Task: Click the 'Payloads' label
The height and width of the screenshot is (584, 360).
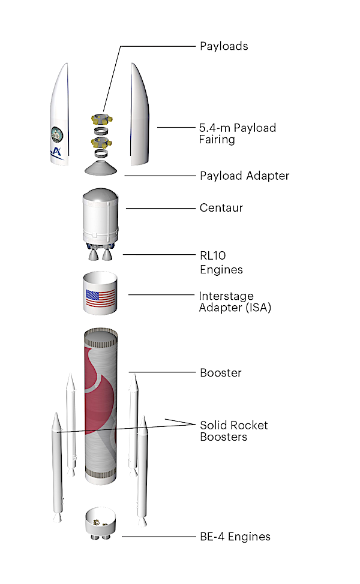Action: tap(223, 46)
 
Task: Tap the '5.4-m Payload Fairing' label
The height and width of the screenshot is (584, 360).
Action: tap(237, 134)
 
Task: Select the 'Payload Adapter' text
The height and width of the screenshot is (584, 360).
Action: tap(244, 176)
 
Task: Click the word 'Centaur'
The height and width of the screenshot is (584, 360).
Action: tap(221, 208)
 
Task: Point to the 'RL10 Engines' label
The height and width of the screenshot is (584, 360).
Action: tap(221, 262)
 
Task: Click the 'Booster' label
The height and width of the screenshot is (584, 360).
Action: tap(220, 372)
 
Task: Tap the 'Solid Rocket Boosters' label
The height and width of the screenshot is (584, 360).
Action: tap(233, 431)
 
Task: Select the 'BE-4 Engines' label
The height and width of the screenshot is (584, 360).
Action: tap(235, 537)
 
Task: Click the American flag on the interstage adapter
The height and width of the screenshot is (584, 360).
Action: tap(100, 299)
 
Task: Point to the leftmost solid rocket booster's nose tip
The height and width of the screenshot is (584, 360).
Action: tap(57, 415)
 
